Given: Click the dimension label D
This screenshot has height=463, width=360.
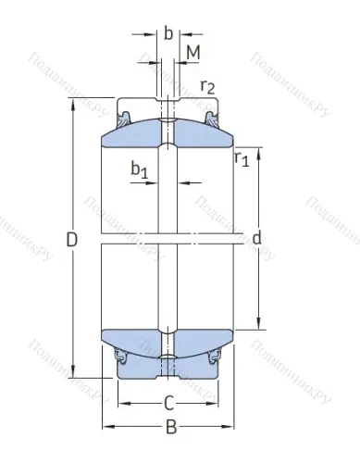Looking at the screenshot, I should click(x=72, y=240).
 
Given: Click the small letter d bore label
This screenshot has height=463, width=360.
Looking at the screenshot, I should click(x=256, y=239).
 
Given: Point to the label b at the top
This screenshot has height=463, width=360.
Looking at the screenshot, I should click(x=168, y=33).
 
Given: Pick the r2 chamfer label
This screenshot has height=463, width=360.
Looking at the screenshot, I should click(x=208, y=87).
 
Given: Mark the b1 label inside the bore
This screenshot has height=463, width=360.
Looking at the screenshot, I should click(x=139, y=170).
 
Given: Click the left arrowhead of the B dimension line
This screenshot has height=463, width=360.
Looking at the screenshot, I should click(x=105, y=426).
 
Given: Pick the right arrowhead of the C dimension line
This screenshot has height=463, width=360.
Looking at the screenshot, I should click(x=218, y=405).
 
